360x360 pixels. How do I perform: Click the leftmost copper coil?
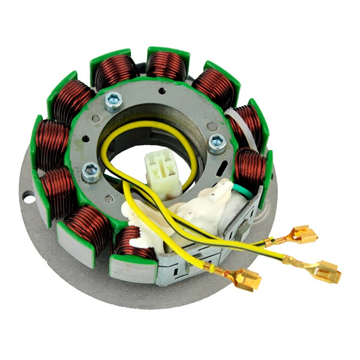(x=51, y=144)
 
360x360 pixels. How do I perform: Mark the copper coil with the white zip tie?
(x=246, y=123)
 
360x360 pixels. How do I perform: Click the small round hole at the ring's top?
(x=161, y=91)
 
